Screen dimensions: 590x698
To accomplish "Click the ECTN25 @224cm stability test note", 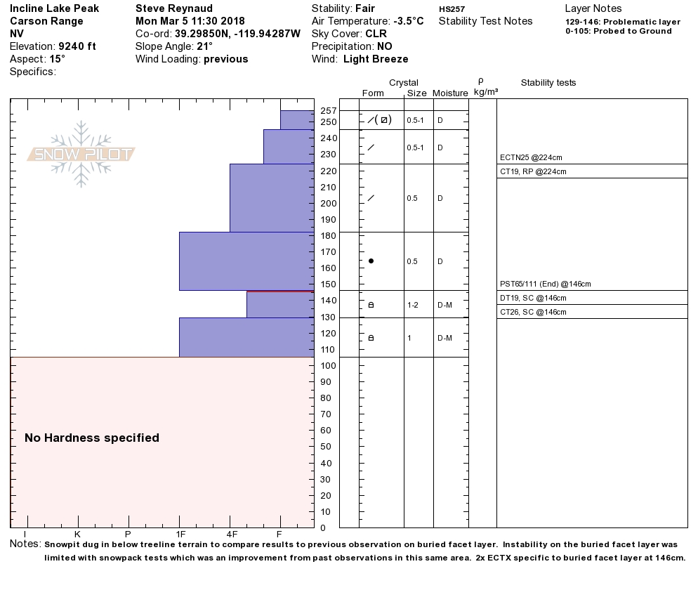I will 531,157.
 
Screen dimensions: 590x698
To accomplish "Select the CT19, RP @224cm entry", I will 533,171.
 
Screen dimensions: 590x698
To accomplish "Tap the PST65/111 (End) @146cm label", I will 545,284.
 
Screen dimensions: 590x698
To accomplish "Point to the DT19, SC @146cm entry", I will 532,298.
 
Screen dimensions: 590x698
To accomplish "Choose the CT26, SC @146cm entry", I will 533,312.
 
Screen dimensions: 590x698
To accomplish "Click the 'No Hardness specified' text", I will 92,438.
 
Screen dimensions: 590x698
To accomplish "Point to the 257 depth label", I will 328,111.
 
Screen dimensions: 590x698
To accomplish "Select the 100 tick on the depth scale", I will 328,366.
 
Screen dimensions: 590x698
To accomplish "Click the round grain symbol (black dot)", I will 371,261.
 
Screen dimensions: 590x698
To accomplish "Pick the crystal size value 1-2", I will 412,305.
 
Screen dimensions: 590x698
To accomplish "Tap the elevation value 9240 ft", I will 77,46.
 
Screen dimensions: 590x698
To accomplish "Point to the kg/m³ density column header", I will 486,92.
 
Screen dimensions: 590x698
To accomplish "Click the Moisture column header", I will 450,93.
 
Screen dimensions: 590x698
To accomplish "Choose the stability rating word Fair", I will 365,8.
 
